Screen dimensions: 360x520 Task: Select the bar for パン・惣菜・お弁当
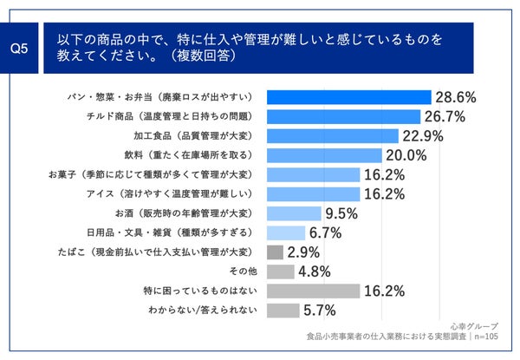(x=348, y=97)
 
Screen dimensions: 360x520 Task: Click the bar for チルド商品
(x=343, y=116)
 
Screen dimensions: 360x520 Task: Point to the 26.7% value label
(x=445, y=116)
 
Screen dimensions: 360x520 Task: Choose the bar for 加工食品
(x=332, y=135)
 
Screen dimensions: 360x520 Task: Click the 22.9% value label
(x=423, y=135)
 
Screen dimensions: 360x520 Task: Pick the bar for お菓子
(x=313, y=174)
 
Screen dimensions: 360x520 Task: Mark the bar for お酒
(x=294, y=213)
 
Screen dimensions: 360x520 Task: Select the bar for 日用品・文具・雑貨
(x=286, y=232)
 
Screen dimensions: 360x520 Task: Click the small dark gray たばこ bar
(x=275, y=252)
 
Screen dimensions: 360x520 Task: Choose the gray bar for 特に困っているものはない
(x=313, y=291)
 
